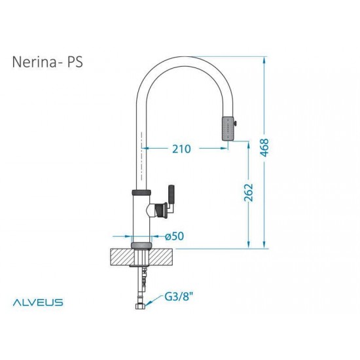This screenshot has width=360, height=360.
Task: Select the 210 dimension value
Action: (x=181, y=149)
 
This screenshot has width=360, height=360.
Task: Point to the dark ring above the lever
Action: (x=141, y=192)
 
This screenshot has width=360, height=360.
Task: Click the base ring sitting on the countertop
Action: (x=141, y=245)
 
